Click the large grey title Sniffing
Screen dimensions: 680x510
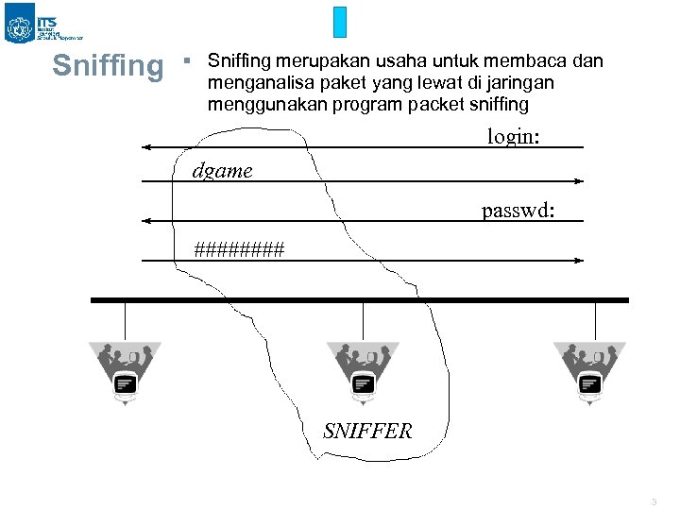tap(108, 66)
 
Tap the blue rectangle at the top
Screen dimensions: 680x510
tap(341, 23)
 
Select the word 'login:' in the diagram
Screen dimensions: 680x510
tap(513, 136)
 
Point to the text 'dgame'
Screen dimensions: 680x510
tap(222, 171)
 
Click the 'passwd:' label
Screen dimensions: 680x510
tap(518, 209)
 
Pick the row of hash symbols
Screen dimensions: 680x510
tap(239, 249)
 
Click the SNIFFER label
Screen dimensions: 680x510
tap(367, 432)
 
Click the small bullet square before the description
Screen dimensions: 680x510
tap(187, 60)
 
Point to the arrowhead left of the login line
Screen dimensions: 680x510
tap(146, 147)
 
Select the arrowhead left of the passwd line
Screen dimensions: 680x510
tap(146, 221)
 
